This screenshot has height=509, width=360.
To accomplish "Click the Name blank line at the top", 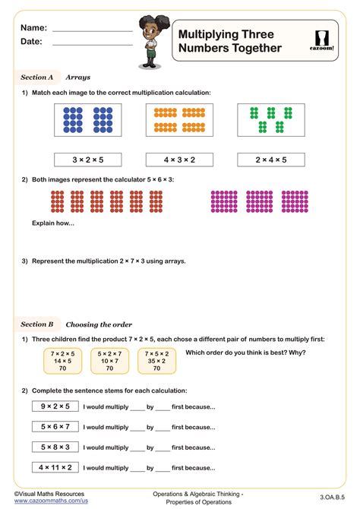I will [x=92, y=30].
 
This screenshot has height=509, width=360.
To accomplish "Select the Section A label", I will [x=36, y=77].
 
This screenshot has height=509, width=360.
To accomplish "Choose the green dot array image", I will [x=271, y=120].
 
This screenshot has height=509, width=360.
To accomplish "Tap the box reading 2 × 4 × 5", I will [x=271, y=160].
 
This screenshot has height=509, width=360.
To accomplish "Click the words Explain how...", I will [x=47, y=223].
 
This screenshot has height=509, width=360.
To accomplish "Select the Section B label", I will [x=36, y=324].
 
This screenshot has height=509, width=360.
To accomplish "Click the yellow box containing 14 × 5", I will [x=63, y=361].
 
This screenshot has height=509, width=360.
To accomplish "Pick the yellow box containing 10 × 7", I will [x=109, y=361].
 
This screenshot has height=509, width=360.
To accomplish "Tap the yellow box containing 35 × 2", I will [x=156, y=361].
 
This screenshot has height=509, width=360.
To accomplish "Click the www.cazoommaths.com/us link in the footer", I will [x=51, y=501].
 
